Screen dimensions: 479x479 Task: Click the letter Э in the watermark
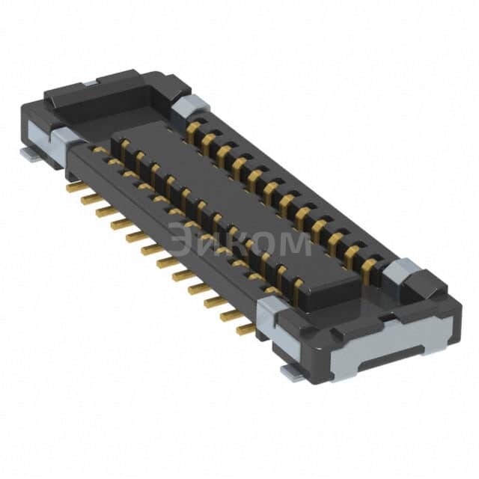coord(182,242)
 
